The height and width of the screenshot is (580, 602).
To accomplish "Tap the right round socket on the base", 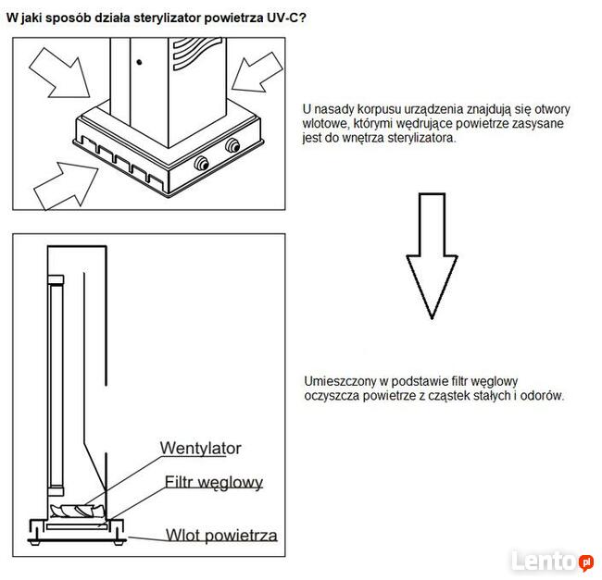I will click(232, 145).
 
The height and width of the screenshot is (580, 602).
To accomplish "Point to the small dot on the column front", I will click(139, 62).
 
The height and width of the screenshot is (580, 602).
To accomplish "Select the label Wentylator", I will click(200, 449).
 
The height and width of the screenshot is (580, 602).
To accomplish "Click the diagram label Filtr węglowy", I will click(214, 482).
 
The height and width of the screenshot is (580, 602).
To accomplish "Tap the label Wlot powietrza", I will click(221, 535).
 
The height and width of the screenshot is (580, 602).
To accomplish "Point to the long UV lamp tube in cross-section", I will click(56, 379).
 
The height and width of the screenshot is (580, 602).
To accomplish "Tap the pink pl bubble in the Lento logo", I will click(585, 561).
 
